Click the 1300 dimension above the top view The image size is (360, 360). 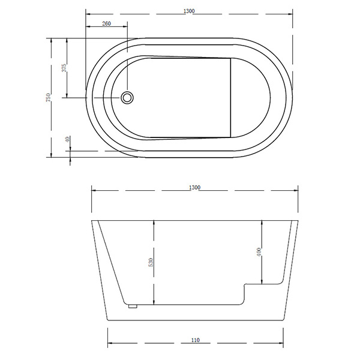(189, 11)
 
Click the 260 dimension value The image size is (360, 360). (107, 23)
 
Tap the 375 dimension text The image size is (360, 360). (64, 68)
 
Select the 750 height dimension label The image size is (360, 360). (48, 98)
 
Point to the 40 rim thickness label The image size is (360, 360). (67, 139)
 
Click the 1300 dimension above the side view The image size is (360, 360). (194, 188)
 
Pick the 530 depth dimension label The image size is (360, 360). (151, 262)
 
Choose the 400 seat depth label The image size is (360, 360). (259, 252)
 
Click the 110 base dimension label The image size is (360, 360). (196, 340)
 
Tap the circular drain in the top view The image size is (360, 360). (127, 98)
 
